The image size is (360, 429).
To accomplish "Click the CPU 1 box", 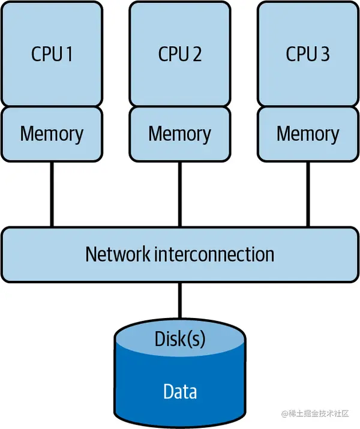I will click(52, 54).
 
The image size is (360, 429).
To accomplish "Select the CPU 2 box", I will click(179, 54).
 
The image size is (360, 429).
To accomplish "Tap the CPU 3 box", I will click(308, 54).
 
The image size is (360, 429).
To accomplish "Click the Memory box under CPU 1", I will click(52, 134).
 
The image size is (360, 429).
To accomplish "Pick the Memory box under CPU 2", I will click(179, 134).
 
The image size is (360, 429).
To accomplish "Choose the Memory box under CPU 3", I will click(308, 134).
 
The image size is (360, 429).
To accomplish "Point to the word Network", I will click(117, 254).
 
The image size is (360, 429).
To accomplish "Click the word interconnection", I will click(214, 254).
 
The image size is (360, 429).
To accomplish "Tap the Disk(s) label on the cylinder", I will click(179, 339).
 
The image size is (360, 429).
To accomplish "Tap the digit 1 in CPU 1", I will click(68, 54).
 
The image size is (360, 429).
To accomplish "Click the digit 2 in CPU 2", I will click(197, 54).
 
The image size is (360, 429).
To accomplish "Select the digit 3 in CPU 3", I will click(325, 54).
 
